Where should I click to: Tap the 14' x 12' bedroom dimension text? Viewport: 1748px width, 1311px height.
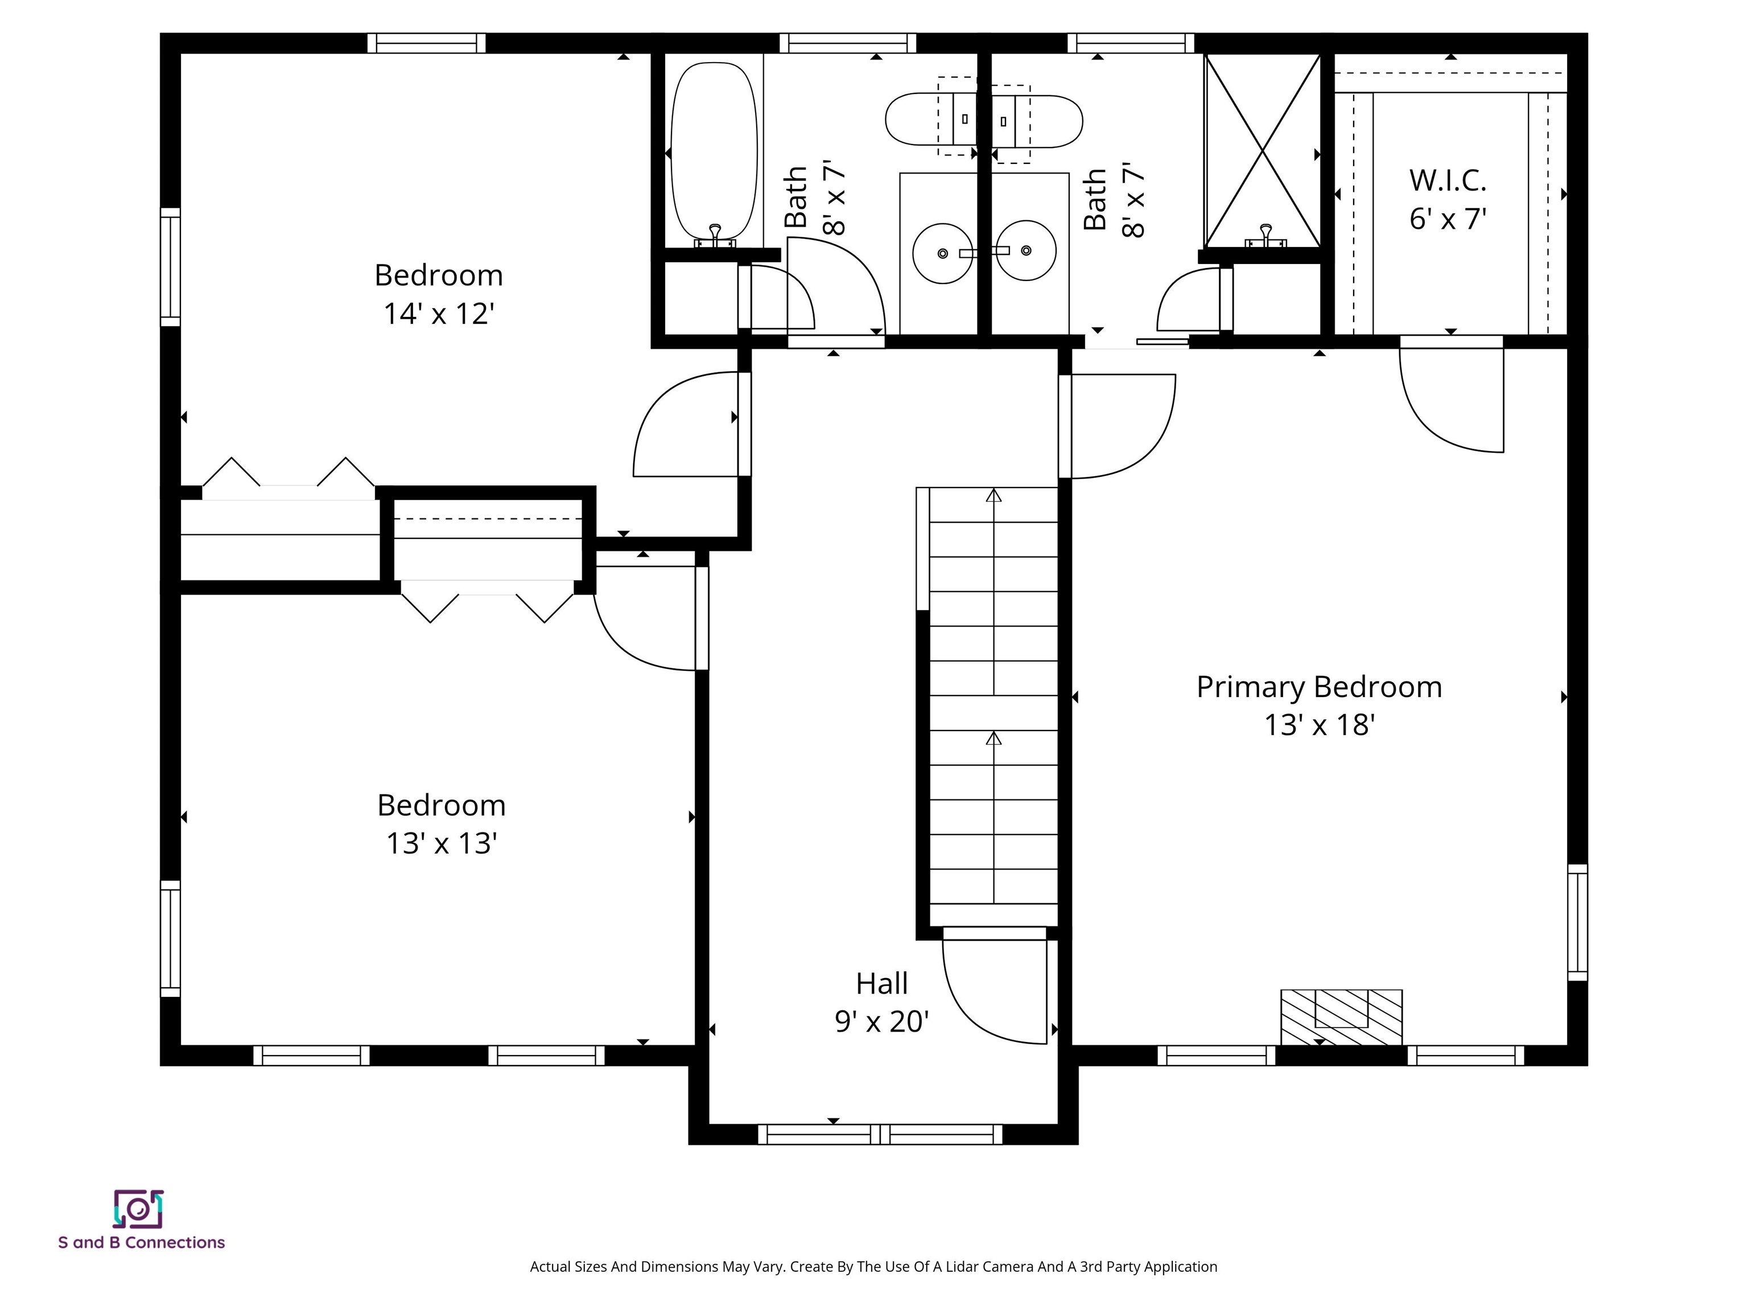point(439,314)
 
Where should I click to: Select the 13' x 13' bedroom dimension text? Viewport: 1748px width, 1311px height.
point(441,843)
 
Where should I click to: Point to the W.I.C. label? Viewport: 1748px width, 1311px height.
point(1447,180)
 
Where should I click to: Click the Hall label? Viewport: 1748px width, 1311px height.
point(881,983)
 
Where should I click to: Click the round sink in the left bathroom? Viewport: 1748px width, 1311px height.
point(942,252)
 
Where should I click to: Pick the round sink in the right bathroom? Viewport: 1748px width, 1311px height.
point(1026,250)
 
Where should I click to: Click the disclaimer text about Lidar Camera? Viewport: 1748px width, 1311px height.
point(873,1267)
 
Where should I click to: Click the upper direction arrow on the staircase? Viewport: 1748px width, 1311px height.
point(993,496)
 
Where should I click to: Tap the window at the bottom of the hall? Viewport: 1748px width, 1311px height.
point(880,1134)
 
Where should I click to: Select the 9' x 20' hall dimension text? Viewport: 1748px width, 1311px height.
point(881,1022)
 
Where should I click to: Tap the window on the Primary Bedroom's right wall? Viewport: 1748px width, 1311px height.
point(1577,922)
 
